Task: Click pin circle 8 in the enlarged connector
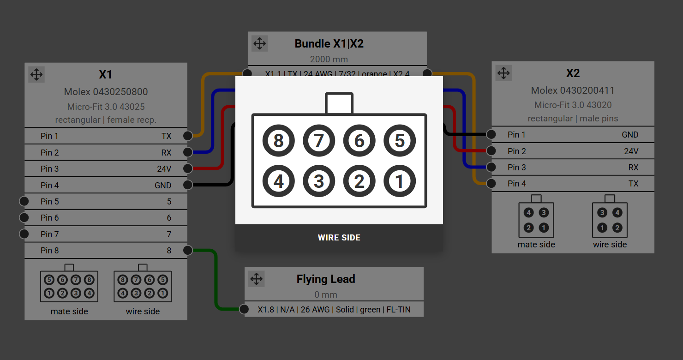point(278,140)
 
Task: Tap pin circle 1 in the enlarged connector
point(400,181)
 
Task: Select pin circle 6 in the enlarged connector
point(359,140)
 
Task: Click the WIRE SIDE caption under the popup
point(339,238)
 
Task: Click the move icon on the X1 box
point(36,74)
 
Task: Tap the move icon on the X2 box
point(503,73)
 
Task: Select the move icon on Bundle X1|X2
point(260,43)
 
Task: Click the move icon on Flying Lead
point(256,279)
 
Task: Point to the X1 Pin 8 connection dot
point(187,250)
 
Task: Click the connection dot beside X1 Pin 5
point(24,201)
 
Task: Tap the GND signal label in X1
point(163,186)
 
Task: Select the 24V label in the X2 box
point(631,151)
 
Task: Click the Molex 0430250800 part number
point(106,92)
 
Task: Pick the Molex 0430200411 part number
point(573,90)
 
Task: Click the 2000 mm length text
point(329,59)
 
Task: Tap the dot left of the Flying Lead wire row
point(245,309)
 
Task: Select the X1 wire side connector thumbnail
point(143,286)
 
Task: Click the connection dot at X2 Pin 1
point(491,134)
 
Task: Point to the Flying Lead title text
point(326,279)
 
